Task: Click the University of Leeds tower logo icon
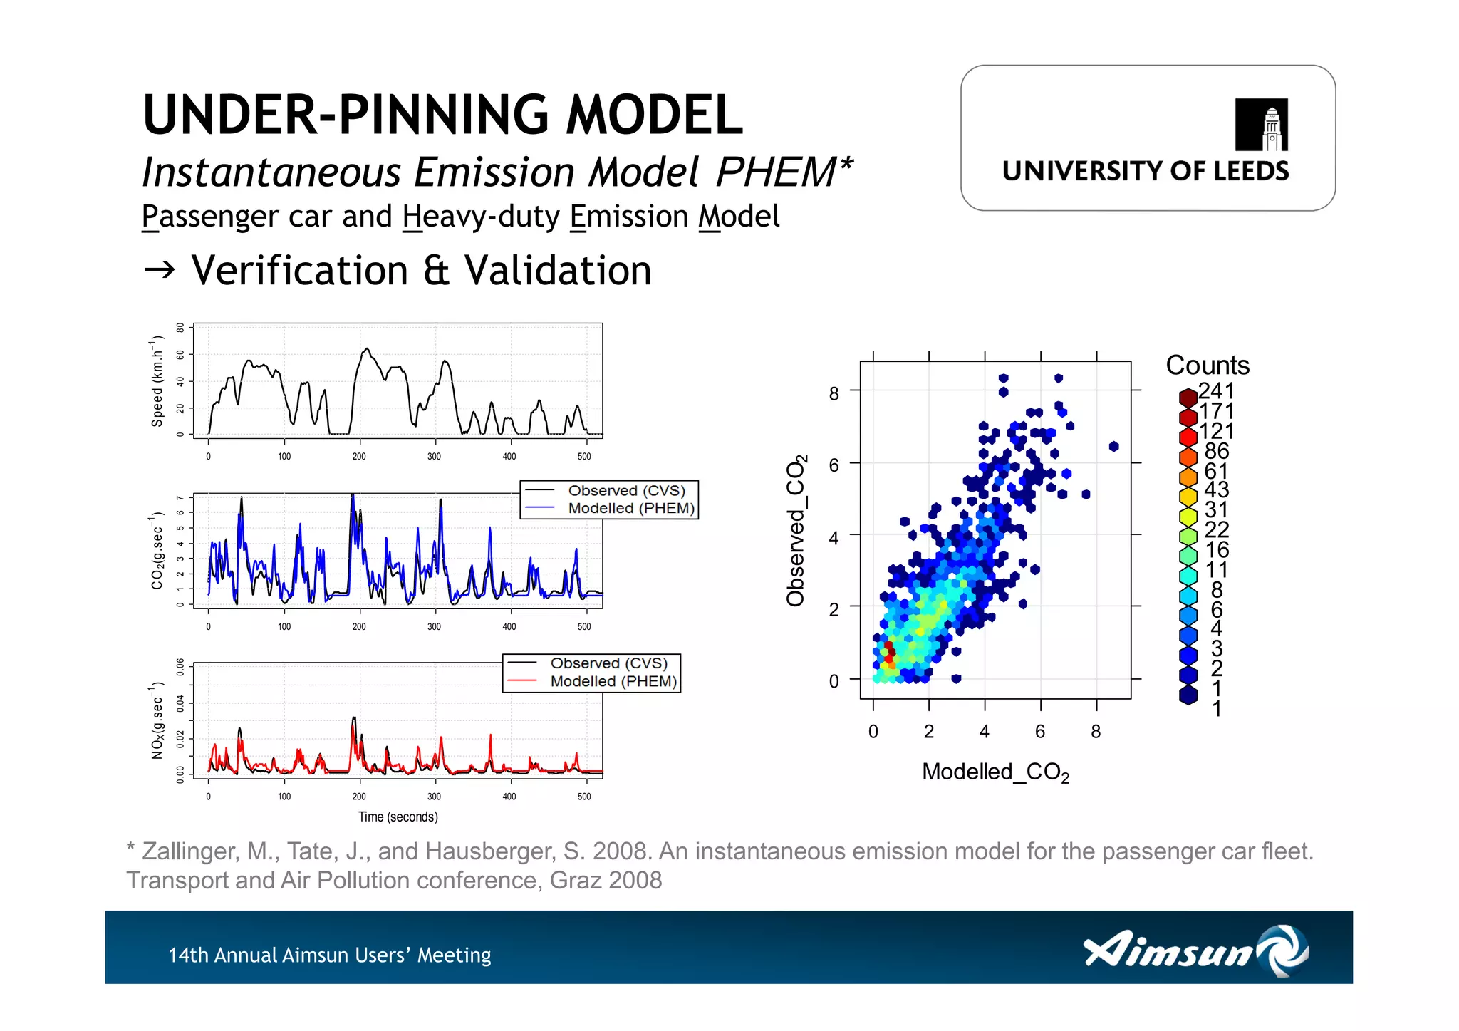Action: click(1261, 125)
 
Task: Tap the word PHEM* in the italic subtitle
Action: click(784, 172)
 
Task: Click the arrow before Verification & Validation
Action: click(159, 270)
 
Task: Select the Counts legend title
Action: click(1207, 365)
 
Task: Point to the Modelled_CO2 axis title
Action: click(995, 772)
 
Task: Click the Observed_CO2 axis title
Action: click(796, 530)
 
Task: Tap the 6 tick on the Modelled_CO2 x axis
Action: click(1039, 732)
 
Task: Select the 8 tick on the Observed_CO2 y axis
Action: click(834, 393)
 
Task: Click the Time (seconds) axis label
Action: click(398, 817)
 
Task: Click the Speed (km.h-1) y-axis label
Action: click(157, 381)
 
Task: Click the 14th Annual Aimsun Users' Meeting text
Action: click(329, 955)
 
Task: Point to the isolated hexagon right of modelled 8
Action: click(1113, 446)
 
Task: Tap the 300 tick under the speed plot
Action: click(434, 456)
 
